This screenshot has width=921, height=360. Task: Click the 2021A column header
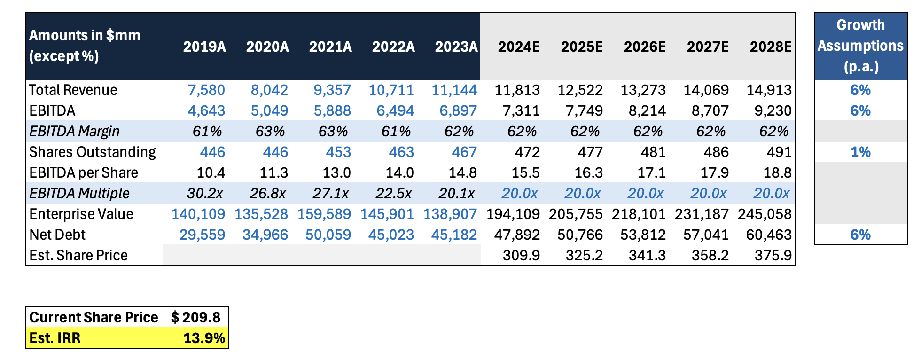(x=330, y=47)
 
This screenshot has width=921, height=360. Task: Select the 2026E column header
(x=645, y=47)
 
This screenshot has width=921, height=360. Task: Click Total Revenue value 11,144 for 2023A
(x=454, y=90)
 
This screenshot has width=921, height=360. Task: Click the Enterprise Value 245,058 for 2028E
(x=765, y=214)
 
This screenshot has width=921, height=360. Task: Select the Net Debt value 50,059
(x=328, y=235)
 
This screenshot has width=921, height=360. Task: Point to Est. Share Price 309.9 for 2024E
(x=521, y=255)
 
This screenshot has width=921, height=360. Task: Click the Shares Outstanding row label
(x=93, y=152)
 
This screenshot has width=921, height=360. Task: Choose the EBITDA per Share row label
(x=84, y=172)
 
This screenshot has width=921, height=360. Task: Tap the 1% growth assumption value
(x=860, y=152)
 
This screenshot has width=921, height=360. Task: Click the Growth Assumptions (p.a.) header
(x=860, y=46)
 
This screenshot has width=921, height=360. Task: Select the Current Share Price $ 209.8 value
(x=196, y=317)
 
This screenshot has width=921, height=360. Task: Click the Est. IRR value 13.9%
(x=204, y=338)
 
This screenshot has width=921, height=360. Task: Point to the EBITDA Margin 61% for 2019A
(x=207, y=131)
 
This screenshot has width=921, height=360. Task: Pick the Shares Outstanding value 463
(x=401, y=152)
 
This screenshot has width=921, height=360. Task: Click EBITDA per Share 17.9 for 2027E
(x=715, y=172)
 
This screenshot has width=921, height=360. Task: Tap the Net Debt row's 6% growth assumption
(x=860, y=235)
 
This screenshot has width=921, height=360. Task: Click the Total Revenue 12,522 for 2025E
(x=580, y=90)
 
